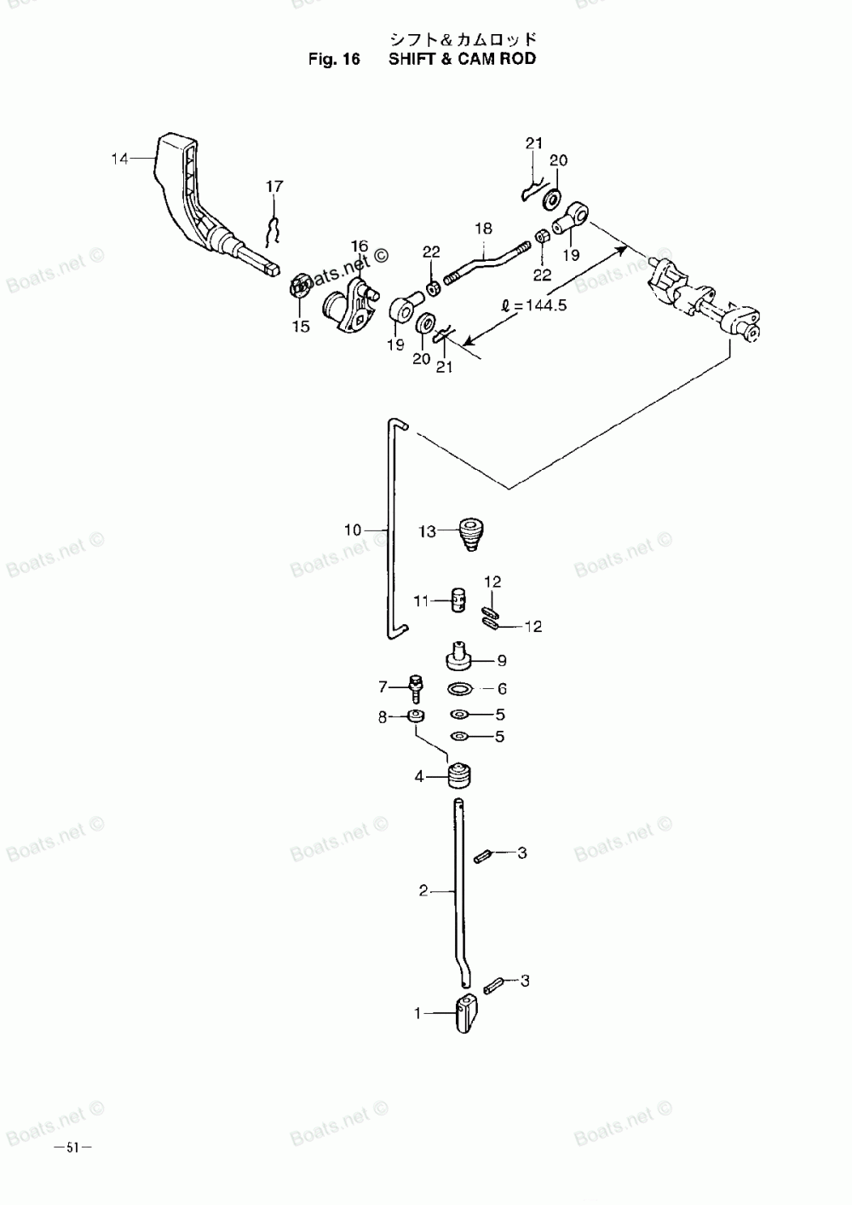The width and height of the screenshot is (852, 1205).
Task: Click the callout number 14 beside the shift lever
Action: (119, 158)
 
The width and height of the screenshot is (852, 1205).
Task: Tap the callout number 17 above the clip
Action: (274, 186)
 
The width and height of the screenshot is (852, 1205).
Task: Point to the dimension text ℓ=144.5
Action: (534, 305)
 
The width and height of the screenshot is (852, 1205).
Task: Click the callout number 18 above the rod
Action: (483, 229)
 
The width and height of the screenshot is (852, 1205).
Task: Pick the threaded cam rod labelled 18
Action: (486, 259)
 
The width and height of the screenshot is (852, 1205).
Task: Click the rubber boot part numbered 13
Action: (469, 533)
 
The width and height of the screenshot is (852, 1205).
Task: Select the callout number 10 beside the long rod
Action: (353, 530)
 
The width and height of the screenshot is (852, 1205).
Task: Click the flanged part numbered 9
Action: (460, 659)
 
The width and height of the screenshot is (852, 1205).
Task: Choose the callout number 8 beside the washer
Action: (383, 717)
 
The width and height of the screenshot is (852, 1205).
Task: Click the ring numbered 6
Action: (461, 688)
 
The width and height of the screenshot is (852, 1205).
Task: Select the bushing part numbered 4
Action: (459, 776)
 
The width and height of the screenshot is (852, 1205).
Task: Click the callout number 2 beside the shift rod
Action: (423, 892)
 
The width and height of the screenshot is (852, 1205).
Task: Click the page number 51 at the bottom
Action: (72, 1147)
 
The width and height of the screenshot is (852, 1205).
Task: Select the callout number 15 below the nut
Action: (301, 326)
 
